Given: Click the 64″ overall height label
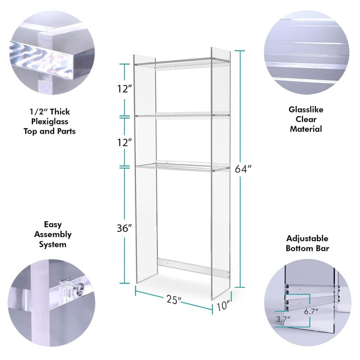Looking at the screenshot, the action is tap(243, 169).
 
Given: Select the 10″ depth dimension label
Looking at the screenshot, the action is tap(223, 306).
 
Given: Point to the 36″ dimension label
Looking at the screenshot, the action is tap(124, 228).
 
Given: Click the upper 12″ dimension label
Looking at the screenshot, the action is tap(124, 89).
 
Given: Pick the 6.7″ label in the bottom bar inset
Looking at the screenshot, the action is tap(311, 312).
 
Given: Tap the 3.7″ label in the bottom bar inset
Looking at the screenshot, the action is tap(283, 319).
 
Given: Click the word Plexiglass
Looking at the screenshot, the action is tap(49, 121).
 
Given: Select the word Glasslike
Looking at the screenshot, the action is tap(306, 110).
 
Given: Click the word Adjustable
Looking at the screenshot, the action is tap(307, 239).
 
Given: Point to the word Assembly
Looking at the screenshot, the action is tap(53, 235).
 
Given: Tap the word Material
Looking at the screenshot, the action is tap(306, 129).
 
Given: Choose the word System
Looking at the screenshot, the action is tap(52, 244).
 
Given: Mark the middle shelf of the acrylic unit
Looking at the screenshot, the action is tap(182, 115).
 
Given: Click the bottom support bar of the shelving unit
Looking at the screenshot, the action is tap(193, 266).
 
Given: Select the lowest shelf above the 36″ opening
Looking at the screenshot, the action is tap(183, 167).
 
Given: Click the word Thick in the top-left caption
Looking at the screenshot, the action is tap(60, 112).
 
